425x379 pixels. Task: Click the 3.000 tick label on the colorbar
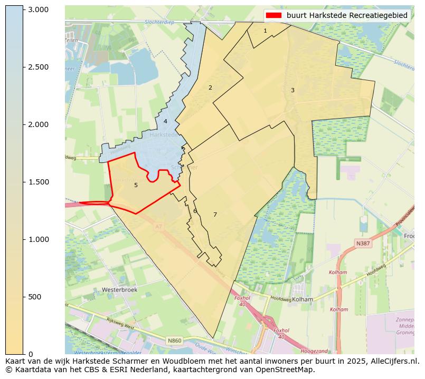click(x=38, y=9)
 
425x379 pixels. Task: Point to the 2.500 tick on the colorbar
click(x=38, y=67)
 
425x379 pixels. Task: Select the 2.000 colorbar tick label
click(x=38, y=124)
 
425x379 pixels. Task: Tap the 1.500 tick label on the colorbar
click(x=38, y=182)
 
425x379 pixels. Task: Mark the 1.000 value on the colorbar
click(x=38, y=239)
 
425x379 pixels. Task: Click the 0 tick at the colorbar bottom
click(x=30, y=354)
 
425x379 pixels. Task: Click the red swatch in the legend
click(x=274, y=16)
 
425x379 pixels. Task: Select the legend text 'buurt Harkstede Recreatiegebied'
click(x=347, y=16)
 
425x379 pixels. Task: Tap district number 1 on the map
click(x=265, y=31)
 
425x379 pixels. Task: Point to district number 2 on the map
click(x=210, y=88)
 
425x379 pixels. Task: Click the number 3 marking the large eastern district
click(x=292, y=91)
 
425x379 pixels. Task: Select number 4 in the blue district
click(x=165, y=121)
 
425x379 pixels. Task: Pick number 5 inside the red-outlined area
click(x=136, y=185)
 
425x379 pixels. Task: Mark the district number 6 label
click(x=195, y=211)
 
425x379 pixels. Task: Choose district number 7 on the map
click(x=215, y=215)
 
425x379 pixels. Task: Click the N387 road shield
click(x=363, y=244)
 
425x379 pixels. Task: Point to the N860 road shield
click(x=175, y=341)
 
